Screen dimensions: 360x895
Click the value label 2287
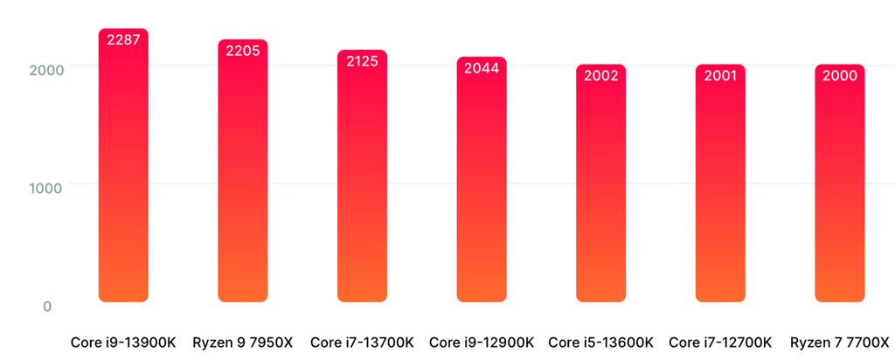(x=123, y=39)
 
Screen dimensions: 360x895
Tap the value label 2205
(x=243, y=51)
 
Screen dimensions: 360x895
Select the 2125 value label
(x=362, y=61)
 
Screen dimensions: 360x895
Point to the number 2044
(x=482, y=68)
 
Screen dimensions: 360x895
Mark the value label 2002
(x=601, y=76)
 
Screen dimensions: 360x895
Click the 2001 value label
(x=720, y=76)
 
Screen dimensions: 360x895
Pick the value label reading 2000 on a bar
(x=840, y=76)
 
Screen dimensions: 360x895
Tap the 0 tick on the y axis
(x=47, y=307)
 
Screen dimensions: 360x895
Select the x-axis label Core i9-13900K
(x=123, y=342)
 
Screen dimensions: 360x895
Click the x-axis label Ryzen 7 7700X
(x=840, y=342)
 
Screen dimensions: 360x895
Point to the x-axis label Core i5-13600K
(x=601, y=342)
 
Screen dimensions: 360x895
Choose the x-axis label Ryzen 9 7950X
(x=243, y=342)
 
